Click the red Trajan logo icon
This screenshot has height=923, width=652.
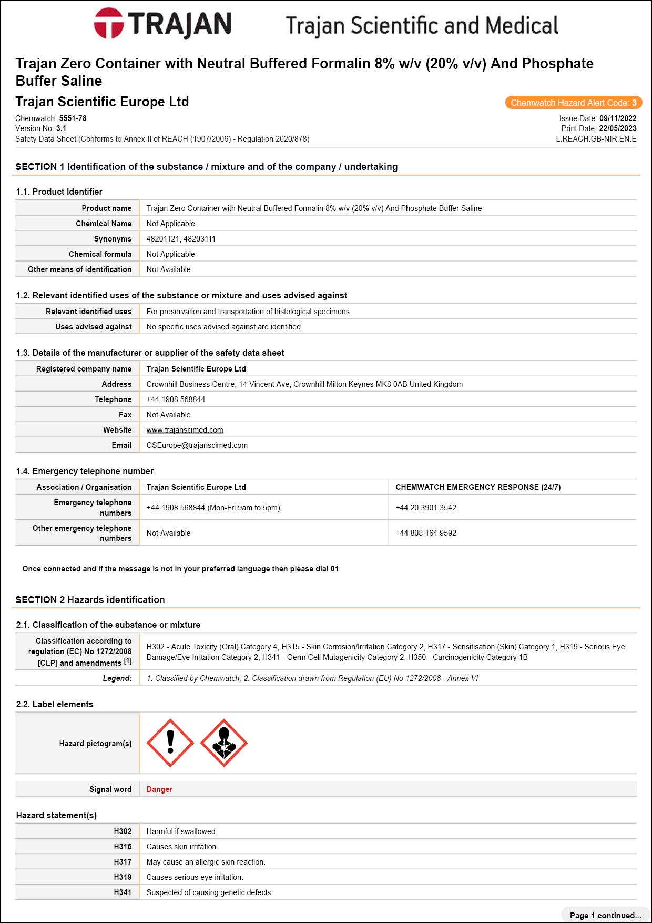pyautogui.click(x=109, y=23)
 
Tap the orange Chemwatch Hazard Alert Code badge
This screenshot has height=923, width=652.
pyautogui.click(x=573, y=103)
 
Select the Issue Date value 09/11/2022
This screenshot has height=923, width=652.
pyautogui.click(x=618, y=118)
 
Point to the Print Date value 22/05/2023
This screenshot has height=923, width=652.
pyautogui.click(x=617, y=128)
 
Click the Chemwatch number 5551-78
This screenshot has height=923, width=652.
pyautogui.click(x=73, y=118)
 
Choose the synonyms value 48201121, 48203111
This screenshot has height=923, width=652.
pyautogui.click(x=181, y=239)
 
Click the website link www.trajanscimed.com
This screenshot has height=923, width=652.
pyautogui.click(x=185, y=430)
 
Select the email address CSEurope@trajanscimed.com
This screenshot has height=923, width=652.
pyautogui.click(x=197, y=445)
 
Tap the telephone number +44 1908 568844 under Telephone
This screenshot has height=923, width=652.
pyautogui.click(x=176, y=399)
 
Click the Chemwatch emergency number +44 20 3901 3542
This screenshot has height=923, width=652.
pyautogui.click(x=426, y=508)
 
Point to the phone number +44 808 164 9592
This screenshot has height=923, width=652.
pyautogui.click(x=426, y=533)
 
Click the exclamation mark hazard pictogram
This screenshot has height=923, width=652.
pyautogui.click(x=170, y=743)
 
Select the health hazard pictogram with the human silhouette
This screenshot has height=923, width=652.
pyautogui.click(x=224, y=743)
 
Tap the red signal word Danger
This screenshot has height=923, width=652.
pyautogui.click(x=159, y=789)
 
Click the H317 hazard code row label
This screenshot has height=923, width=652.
pyautogui.click(x=123, y=862)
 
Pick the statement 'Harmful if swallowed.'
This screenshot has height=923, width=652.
pyautogui.click(x=181, y=831)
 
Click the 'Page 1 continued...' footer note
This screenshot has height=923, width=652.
pyautogui.click(x=605, y=916)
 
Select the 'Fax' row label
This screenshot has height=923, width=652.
pyautogui.click(x=125, y=415)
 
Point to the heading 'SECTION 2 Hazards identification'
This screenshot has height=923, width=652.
pyautogui.click(x=90, y=600)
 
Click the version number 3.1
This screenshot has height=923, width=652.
pyautogui.click(x=61, y=128)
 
